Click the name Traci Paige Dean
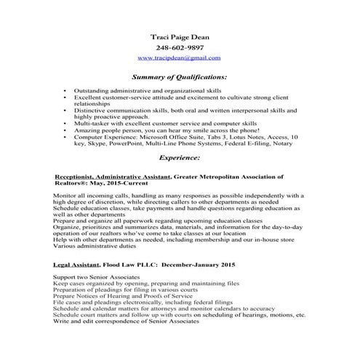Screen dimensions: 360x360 179,35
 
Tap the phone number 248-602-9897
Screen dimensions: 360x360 179,47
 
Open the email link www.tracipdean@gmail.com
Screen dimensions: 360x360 179,57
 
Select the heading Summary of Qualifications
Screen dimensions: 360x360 179,76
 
